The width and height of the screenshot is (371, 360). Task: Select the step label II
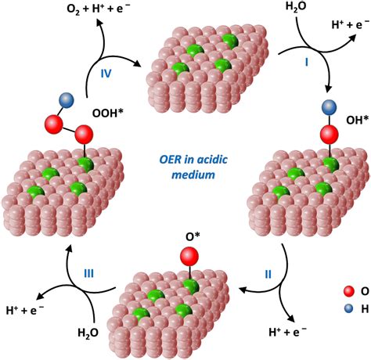point(267,275)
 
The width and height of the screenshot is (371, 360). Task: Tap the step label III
point(89,273)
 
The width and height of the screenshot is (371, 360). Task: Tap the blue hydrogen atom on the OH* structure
point(327,108)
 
